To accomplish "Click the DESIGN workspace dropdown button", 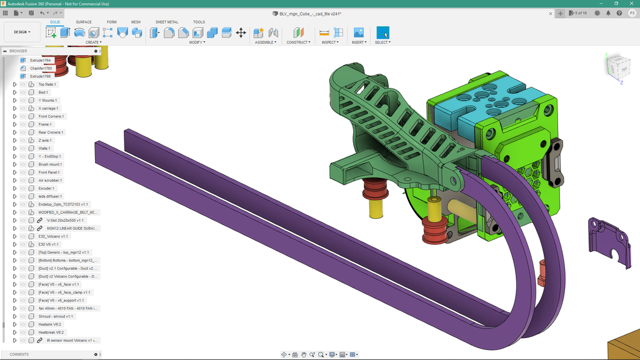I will click(22, 32).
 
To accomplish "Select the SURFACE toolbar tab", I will click(84, 22).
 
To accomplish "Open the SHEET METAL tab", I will click(166, 22).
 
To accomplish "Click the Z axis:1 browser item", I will click(44, 141).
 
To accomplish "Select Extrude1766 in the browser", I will click(40, 76).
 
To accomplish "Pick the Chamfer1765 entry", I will click(41, 68).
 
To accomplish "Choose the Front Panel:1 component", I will click(50, 172).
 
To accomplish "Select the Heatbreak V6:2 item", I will click(51, 332).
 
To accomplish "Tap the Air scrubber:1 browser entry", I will click(49, 181).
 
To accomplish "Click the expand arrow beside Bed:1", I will click(14, 92).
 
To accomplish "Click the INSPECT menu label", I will click(329, 42).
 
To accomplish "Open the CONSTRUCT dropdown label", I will click(297, 42).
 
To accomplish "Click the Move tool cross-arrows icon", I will click(241, 32).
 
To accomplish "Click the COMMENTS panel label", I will click(19, 354).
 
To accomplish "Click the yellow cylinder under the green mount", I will click(376, 209).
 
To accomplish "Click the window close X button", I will click(631, 3).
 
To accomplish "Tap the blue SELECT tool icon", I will click(382, 32).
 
